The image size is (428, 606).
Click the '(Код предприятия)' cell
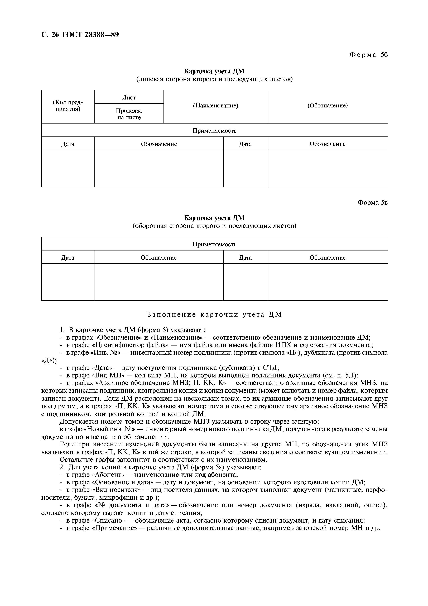[68, 106]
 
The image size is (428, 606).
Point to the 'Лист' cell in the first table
[129, 97]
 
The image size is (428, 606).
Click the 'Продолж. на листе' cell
[129, 114]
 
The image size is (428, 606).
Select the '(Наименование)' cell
[215, 106]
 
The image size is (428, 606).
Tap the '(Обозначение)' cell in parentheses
[328, 106]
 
